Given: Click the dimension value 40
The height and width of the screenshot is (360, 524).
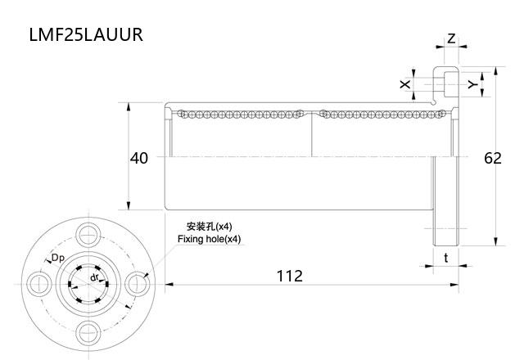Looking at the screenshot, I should coord(139,158).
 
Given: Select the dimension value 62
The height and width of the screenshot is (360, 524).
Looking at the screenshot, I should coord(492,158).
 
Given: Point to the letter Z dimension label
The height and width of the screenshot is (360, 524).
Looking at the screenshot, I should coord(451,38).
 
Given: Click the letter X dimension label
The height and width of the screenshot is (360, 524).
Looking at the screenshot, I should coord(404,84).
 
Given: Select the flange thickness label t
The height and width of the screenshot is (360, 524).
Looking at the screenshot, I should coord(445,257).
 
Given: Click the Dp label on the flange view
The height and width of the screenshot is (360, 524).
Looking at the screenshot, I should coord(59,259).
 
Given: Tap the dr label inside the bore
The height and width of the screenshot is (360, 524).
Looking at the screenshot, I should coord(95,277).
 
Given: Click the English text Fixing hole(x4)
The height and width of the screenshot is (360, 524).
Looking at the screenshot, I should coord(210,239).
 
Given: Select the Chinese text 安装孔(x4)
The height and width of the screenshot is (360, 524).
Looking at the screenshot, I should coord(210,227).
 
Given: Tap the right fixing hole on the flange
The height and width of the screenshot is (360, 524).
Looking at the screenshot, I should coord(135,284).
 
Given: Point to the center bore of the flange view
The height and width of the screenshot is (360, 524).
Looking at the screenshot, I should coord(87,284).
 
